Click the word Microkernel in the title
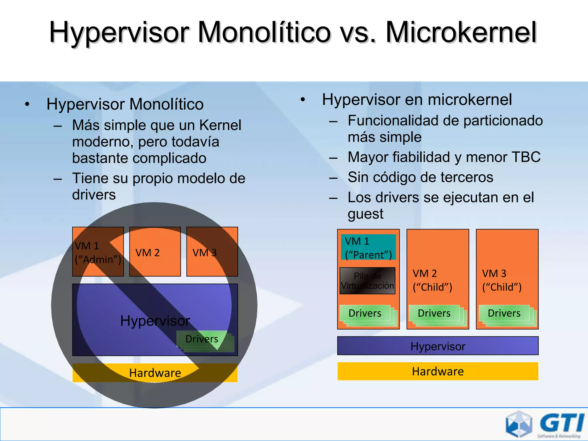tap(461, 32)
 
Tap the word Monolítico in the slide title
tap(264, 32)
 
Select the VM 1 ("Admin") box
tap(98, 252)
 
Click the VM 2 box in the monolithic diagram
tap(155, 252)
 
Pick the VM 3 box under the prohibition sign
tap(212, 252)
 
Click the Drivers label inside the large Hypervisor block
tap(202, 339)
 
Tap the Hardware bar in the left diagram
tap(155, 373)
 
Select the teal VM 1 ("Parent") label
tap(368, 248)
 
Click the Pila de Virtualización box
tap(367, 281)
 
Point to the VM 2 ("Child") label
tap(432, 280)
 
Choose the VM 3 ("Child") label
tap(502, 280)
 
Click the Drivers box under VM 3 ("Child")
tap(504, 313)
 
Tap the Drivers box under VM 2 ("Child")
tap(434, 313)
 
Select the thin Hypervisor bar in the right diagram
tap(438, 346)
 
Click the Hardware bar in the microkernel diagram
tap(438, 371)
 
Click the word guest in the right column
tap(365, 214)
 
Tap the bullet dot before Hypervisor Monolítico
tap(27, 105)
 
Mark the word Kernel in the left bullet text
tap(220, 125)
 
